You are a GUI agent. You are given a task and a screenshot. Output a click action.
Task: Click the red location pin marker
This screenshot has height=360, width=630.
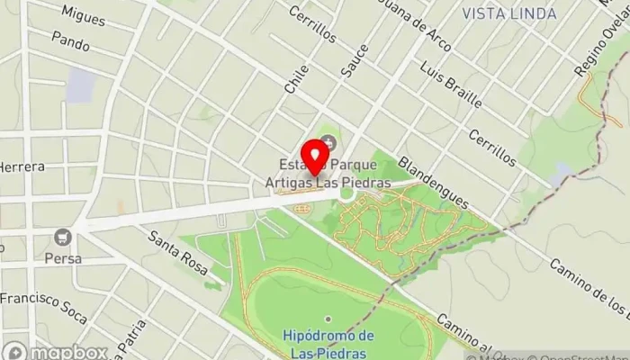[314, 157]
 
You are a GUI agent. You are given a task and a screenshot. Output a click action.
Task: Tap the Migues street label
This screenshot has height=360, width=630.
[85, 13]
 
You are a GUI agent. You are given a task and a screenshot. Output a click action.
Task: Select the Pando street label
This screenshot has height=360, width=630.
[71, 40]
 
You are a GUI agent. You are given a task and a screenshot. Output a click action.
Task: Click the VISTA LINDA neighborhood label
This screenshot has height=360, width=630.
[501, 13]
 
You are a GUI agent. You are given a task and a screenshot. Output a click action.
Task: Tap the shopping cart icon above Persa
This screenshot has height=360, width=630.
[62, 238]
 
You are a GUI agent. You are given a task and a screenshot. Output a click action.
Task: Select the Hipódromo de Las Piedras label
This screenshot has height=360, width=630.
[328, 343]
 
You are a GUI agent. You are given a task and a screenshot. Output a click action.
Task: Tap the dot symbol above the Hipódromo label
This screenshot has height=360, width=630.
[328, 319]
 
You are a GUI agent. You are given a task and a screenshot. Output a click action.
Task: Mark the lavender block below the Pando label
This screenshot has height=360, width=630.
[81, 85]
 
